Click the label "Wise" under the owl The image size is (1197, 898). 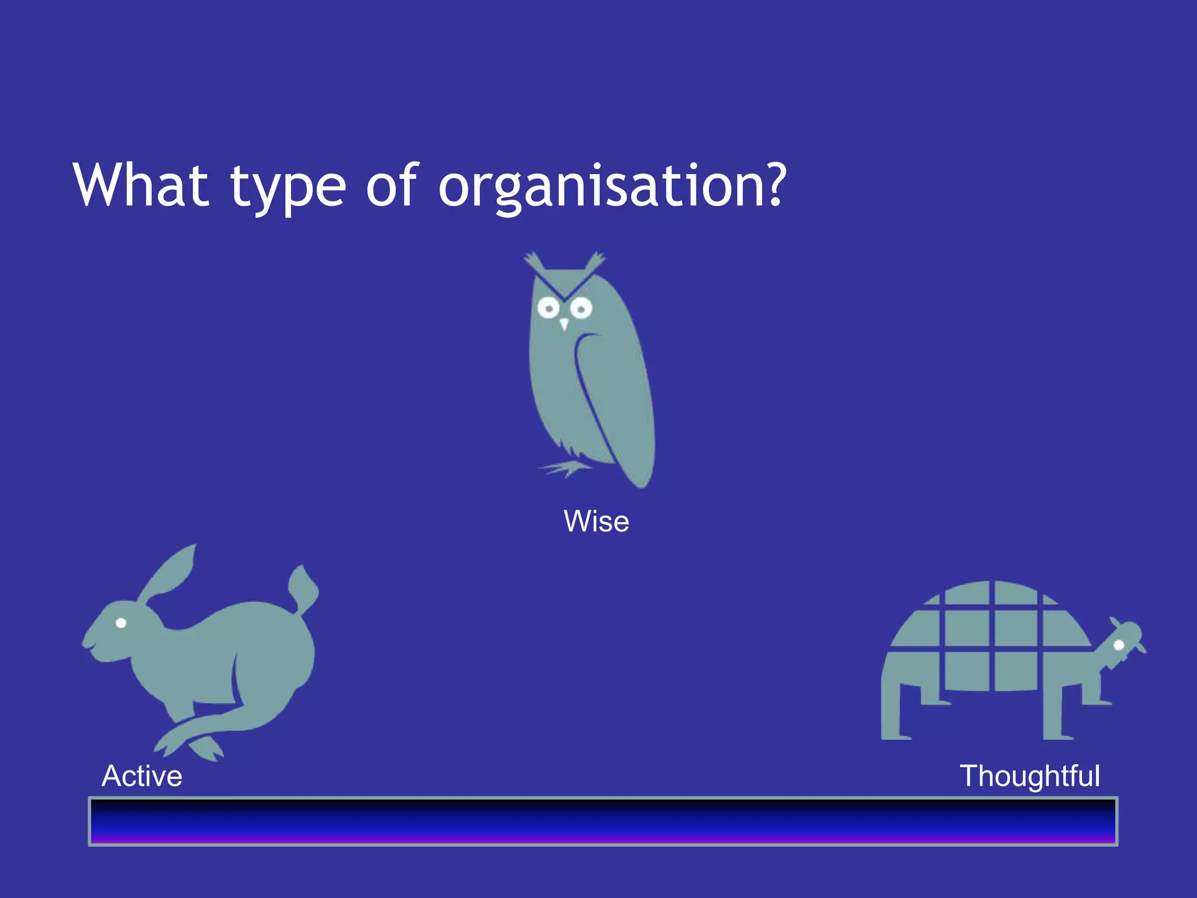click(x=596, y=521)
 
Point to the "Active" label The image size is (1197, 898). click(x=142, y=776)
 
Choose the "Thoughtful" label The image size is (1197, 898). click(x=1030, y=776)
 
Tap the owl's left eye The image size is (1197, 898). click(x=549, y=307)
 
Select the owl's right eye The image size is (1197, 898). click(x=581, y=308)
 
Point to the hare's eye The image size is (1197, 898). click(x=121, y=623)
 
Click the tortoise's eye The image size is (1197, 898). click(x=1119, y=645)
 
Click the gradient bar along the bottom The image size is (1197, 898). click(x=603, y=821)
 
